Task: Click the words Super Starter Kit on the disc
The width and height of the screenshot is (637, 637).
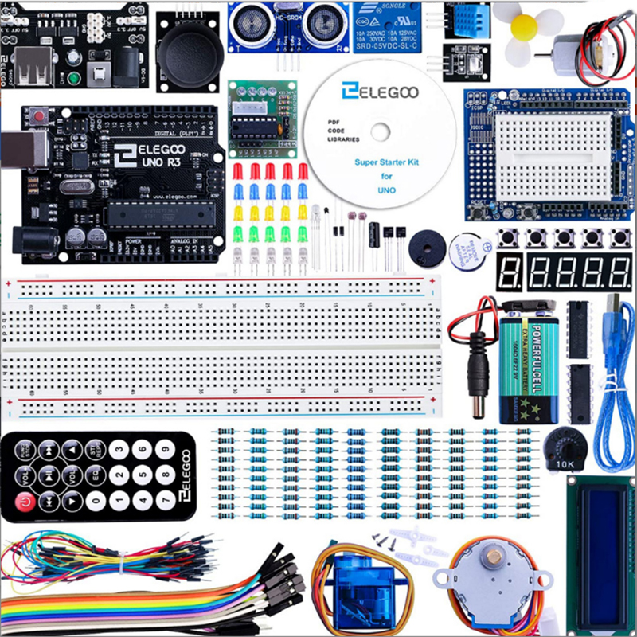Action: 386,162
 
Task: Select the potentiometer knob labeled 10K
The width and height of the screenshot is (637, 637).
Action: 567,443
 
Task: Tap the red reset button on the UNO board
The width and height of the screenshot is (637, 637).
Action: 39,116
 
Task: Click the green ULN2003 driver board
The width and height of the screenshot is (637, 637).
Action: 256,118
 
